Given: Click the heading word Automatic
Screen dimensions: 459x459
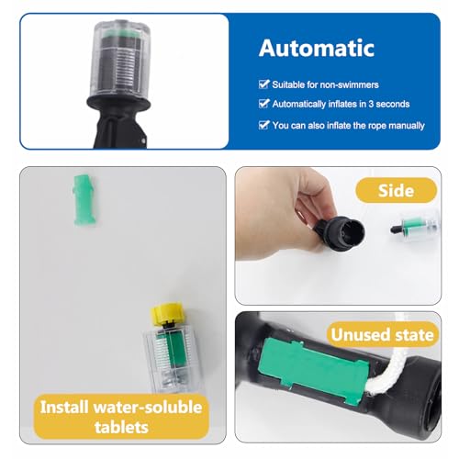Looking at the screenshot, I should (x=317, y=47).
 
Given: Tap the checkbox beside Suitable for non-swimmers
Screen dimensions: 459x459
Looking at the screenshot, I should (x=264, y=84).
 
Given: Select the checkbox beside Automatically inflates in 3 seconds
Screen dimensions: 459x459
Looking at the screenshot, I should (x=264, y=104).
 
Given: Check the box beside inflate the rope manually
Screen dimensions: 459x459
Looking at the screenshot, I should (x=264, y=124).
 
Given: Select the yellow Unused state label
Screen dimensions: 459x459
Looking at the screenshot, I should (x=382, y=336).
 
